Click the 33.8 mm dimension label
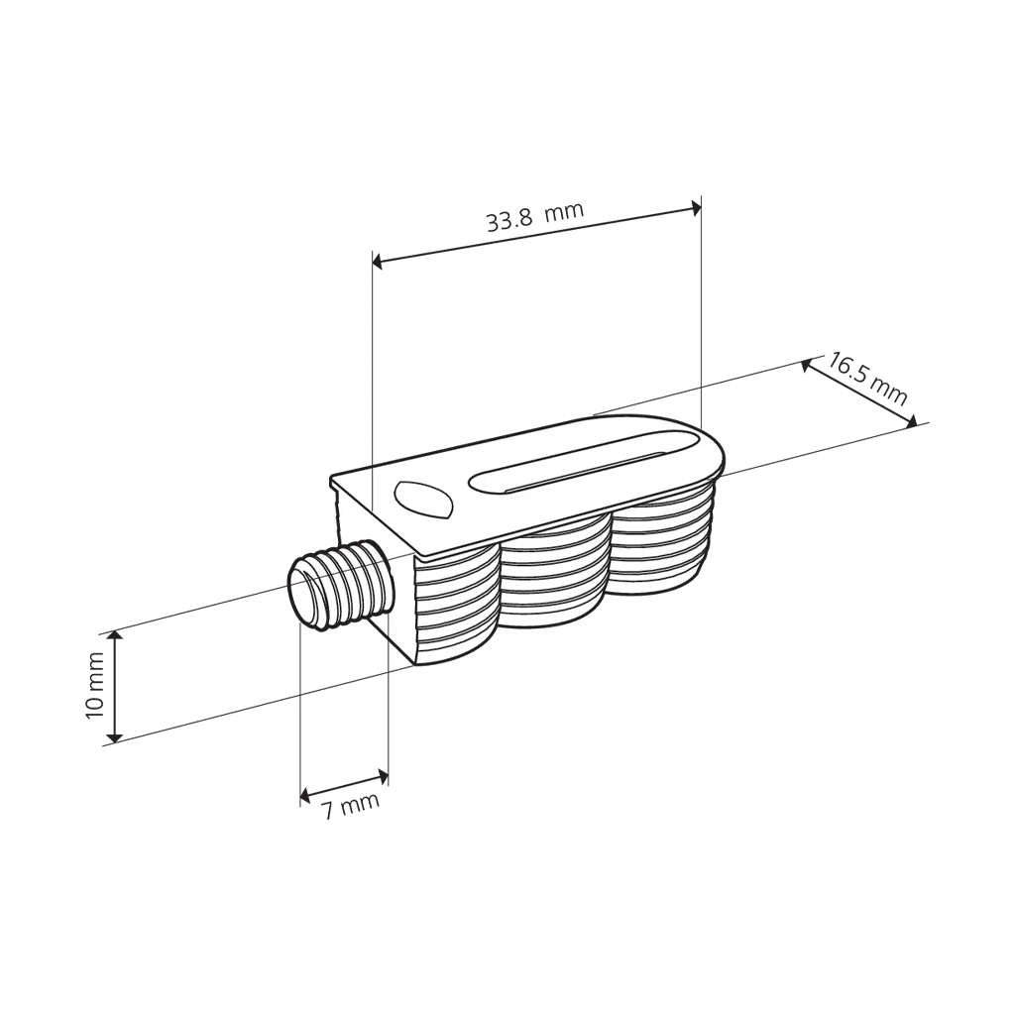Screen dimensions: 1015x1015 534,216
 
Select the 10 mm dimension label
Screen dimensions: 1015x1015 94,685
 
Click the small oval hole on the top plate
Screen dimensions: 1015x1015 422,500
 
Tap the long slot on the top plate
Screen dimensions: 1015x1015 585,464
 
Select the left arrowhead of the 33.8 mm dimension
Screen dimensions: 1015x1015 378,261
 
